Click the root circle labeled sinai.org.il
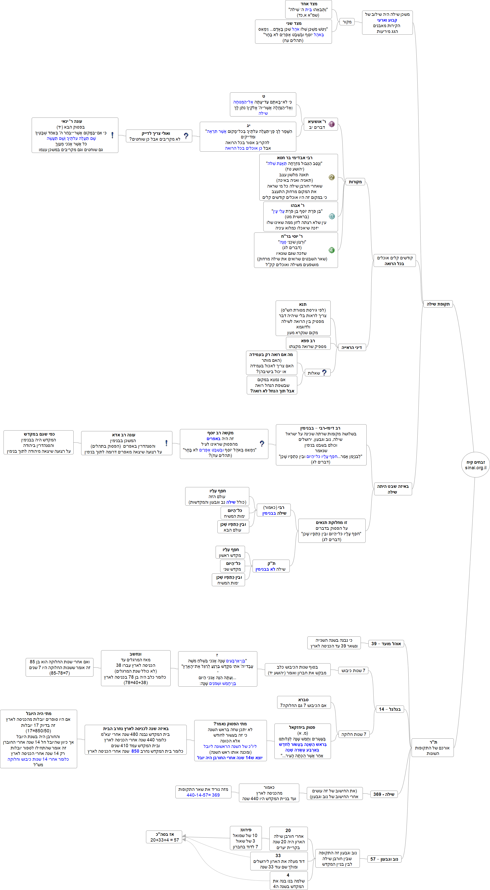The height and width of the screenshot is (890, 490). coord(475,465)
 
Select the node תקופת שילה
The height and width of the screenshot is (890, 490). coord(438,304)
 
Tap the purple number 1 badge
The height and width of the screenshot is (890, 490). coord(332,124)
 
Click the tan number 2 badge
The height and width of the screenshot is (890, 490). coord(332,177)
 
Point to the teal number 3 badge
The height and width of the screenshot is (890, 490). coord(332,216)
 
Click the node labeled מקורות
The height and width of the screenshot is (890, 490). coord(355,182)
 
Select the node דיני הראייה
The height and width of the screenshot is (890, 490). coord(351,347)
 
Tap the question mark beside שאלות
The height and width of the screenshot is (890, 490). coord(324,373)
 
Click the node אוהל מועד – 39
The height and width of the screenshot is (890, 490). coord(386,644)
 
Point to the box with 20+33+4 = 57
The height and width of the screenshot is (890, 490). coord(165,837)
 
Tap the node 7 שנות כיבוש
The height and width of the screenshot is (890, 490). coord(353,671)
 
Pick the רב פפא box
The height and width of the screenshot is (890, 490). coord(308,343)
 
